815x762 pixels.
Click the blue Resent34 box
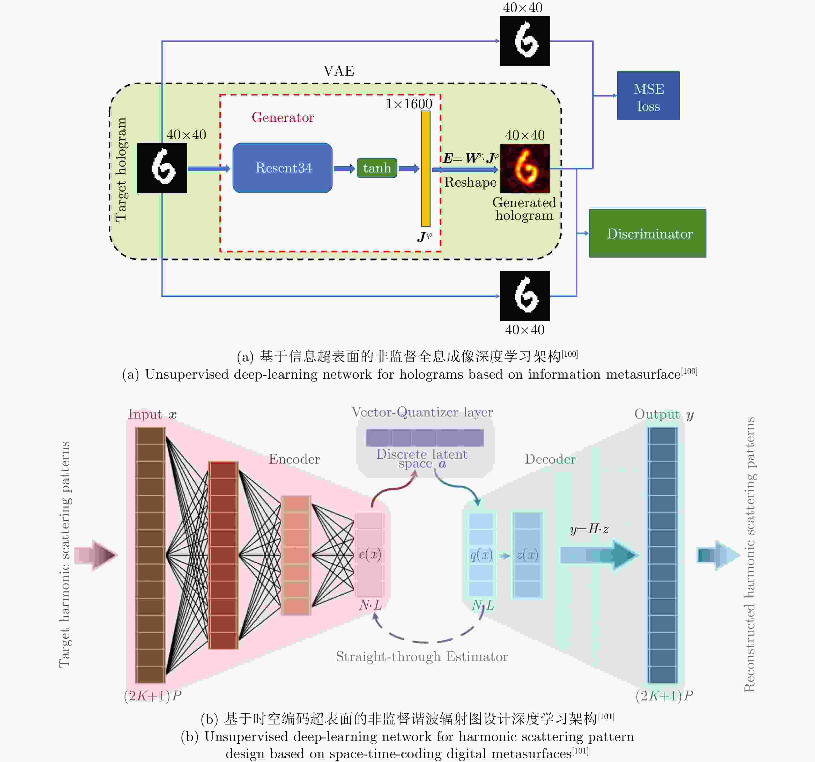click(x=283, y=168)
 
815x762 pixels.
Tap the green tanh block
click(x=377, y=168)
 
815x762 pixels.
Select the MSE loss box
click(x=648, y=96)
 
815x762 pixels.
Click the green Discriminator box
click(x=647, y=233)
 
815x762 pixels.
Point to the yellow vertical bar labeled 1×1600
click(x=426, y=168)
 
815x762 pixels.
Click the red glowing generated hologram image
click(x=525, y=168)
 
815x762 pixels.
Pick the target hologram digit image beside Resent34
click(x=162, y=168)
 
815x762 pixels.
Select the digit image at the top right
click(x=525, y=41)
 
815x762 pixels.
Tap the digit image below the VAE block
click(x=525, y=296)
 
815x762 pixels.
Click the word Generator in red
click(x=283, y=117)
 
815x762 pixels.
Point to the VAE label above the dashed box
click(x=339, y=71)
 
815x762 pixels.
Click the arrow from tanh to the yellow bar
click(x=409, y=168)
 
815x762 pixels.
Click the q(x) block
click(x=481, y=554)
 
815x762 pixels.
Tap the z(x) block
click(x=528, y=554)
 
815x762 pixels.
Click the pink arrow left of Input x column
click(x=96, y=555)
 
